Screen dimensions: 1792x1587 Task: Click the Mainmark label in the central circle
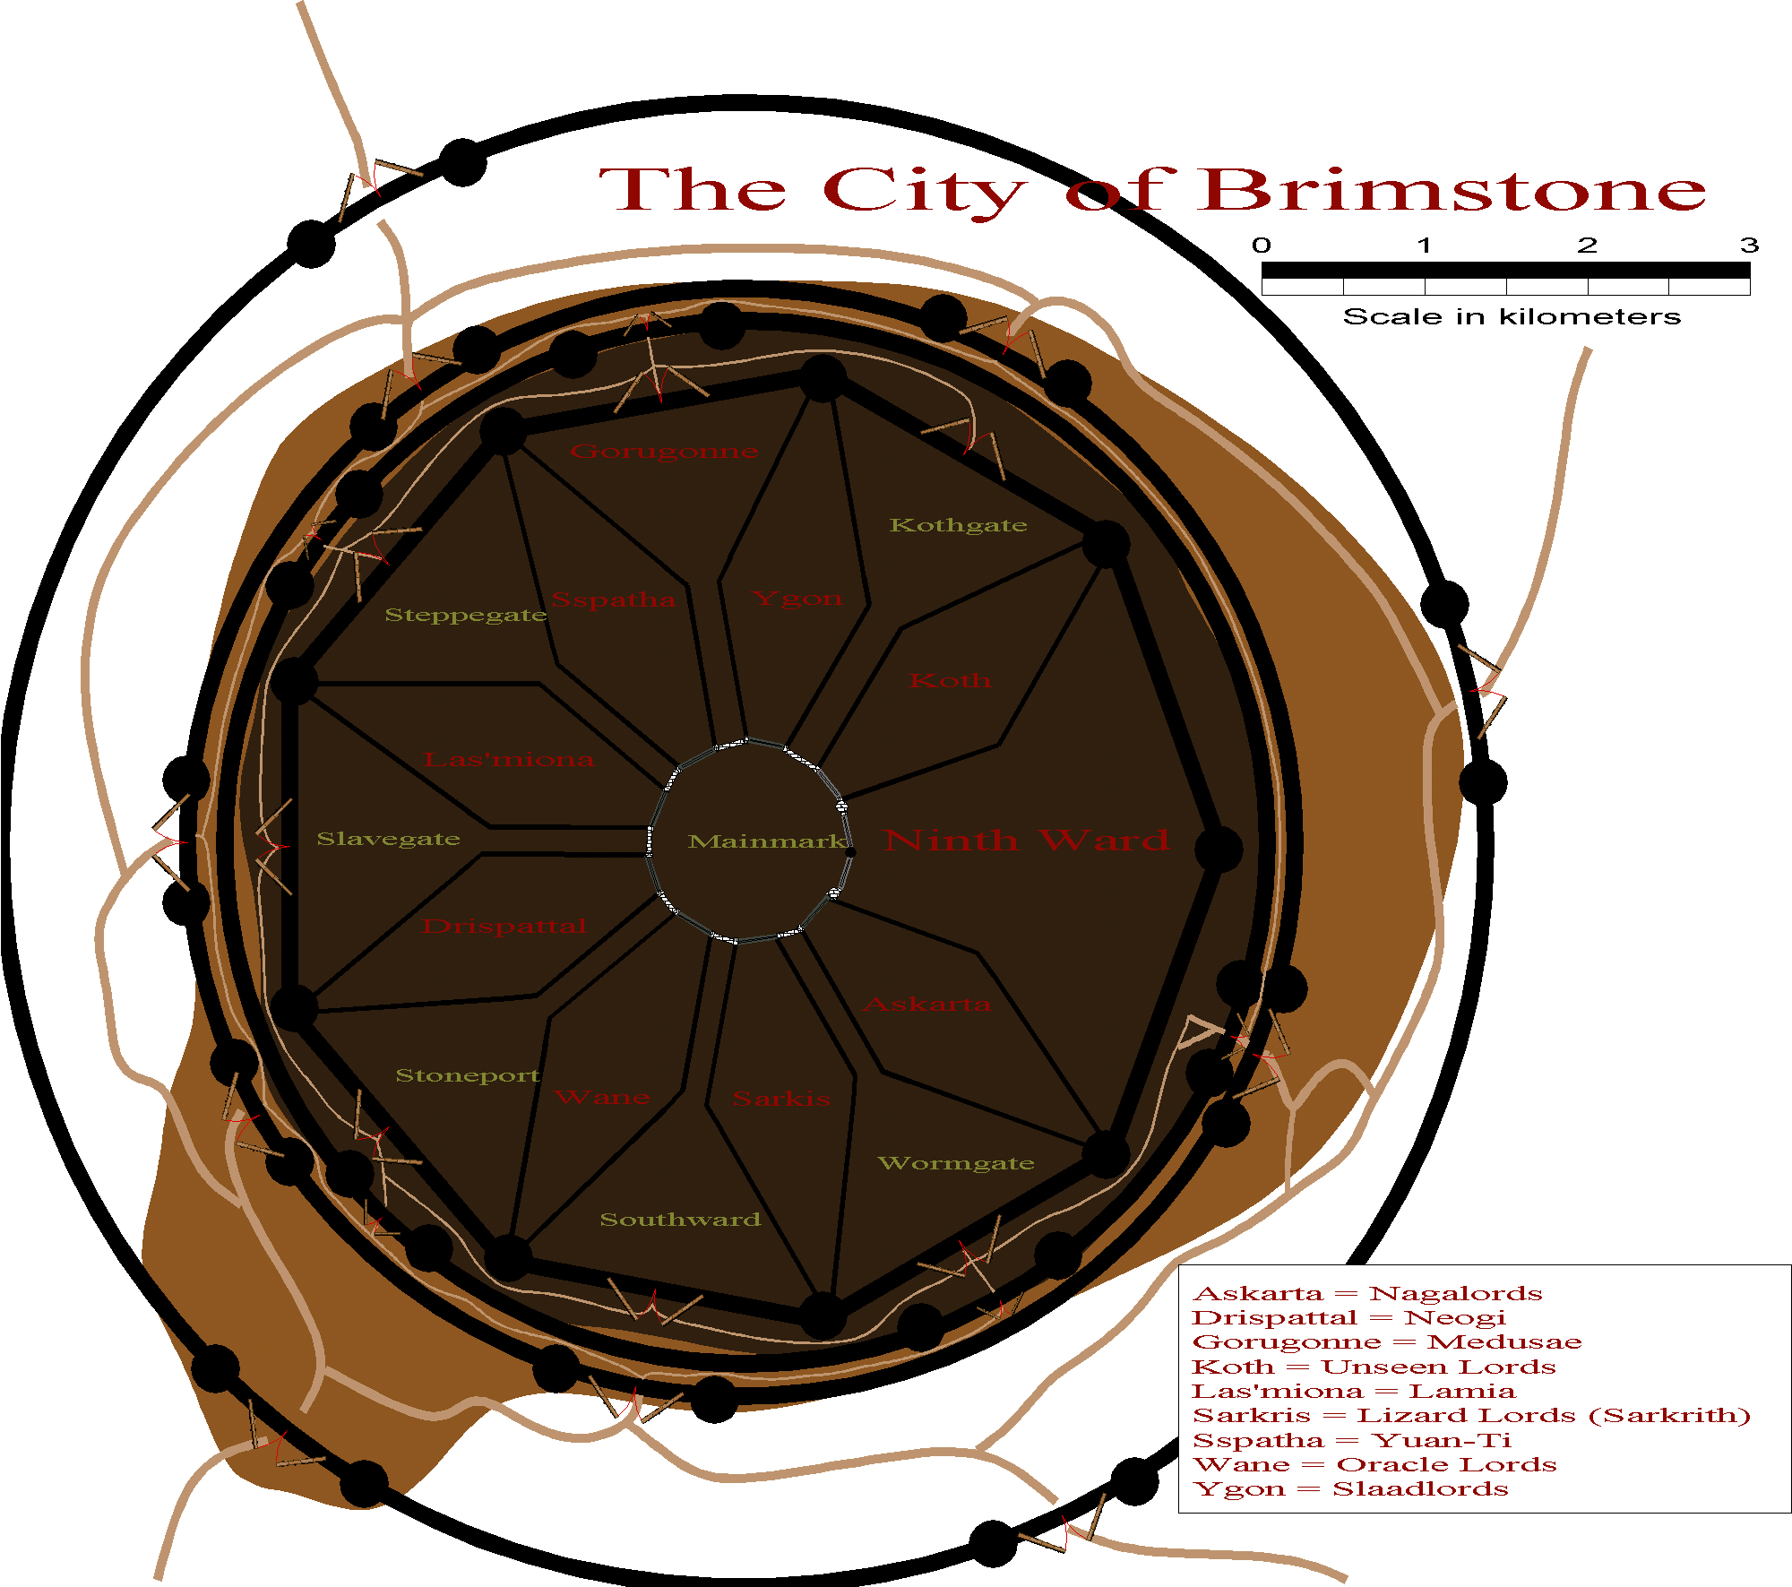click(766, 841)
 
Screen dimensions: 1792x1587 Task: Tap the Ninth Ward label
click(1026, 840)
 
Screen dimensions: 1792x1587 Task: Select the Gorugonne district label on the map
click(664, 452)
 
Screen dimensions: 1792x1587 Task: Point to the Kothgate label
click(958, 525)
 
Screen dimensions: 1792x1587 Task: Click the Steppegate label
click(466, 615)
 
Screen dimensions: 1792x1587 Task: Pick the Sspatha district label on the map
click(614, 599)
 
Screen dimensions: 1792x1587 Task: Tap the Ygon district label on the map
click(797, 598)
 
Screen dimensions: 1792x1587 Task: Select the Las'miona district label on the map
click(508, 760)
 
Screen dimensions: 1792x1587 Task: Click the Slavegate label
click(388, 839)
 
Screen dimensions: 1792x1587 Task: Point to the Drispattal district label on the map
click(504, 926)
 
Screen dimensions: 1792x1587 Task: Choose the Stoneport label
click(468, 1075)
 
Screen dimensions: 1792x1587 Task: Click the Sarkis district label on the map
click(781, 1099)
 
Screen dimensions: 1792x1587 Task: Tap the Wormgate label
click(956, 1163)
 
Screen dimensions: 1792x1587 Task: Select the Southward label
click(680, 1220)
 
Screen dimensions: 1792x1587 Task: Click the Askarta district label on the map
click(927, 1005)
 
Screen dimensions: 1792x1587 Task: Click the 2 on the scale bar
click(1587, 245)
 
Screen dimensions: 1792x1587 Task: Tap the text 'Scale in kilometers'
click(1512, 316)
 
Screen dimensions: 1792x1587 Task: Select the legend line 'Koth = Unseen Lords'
click(1374, 1367)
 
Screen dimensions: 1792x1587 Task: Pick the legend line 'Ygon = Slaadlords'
click(1350, 1488)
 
